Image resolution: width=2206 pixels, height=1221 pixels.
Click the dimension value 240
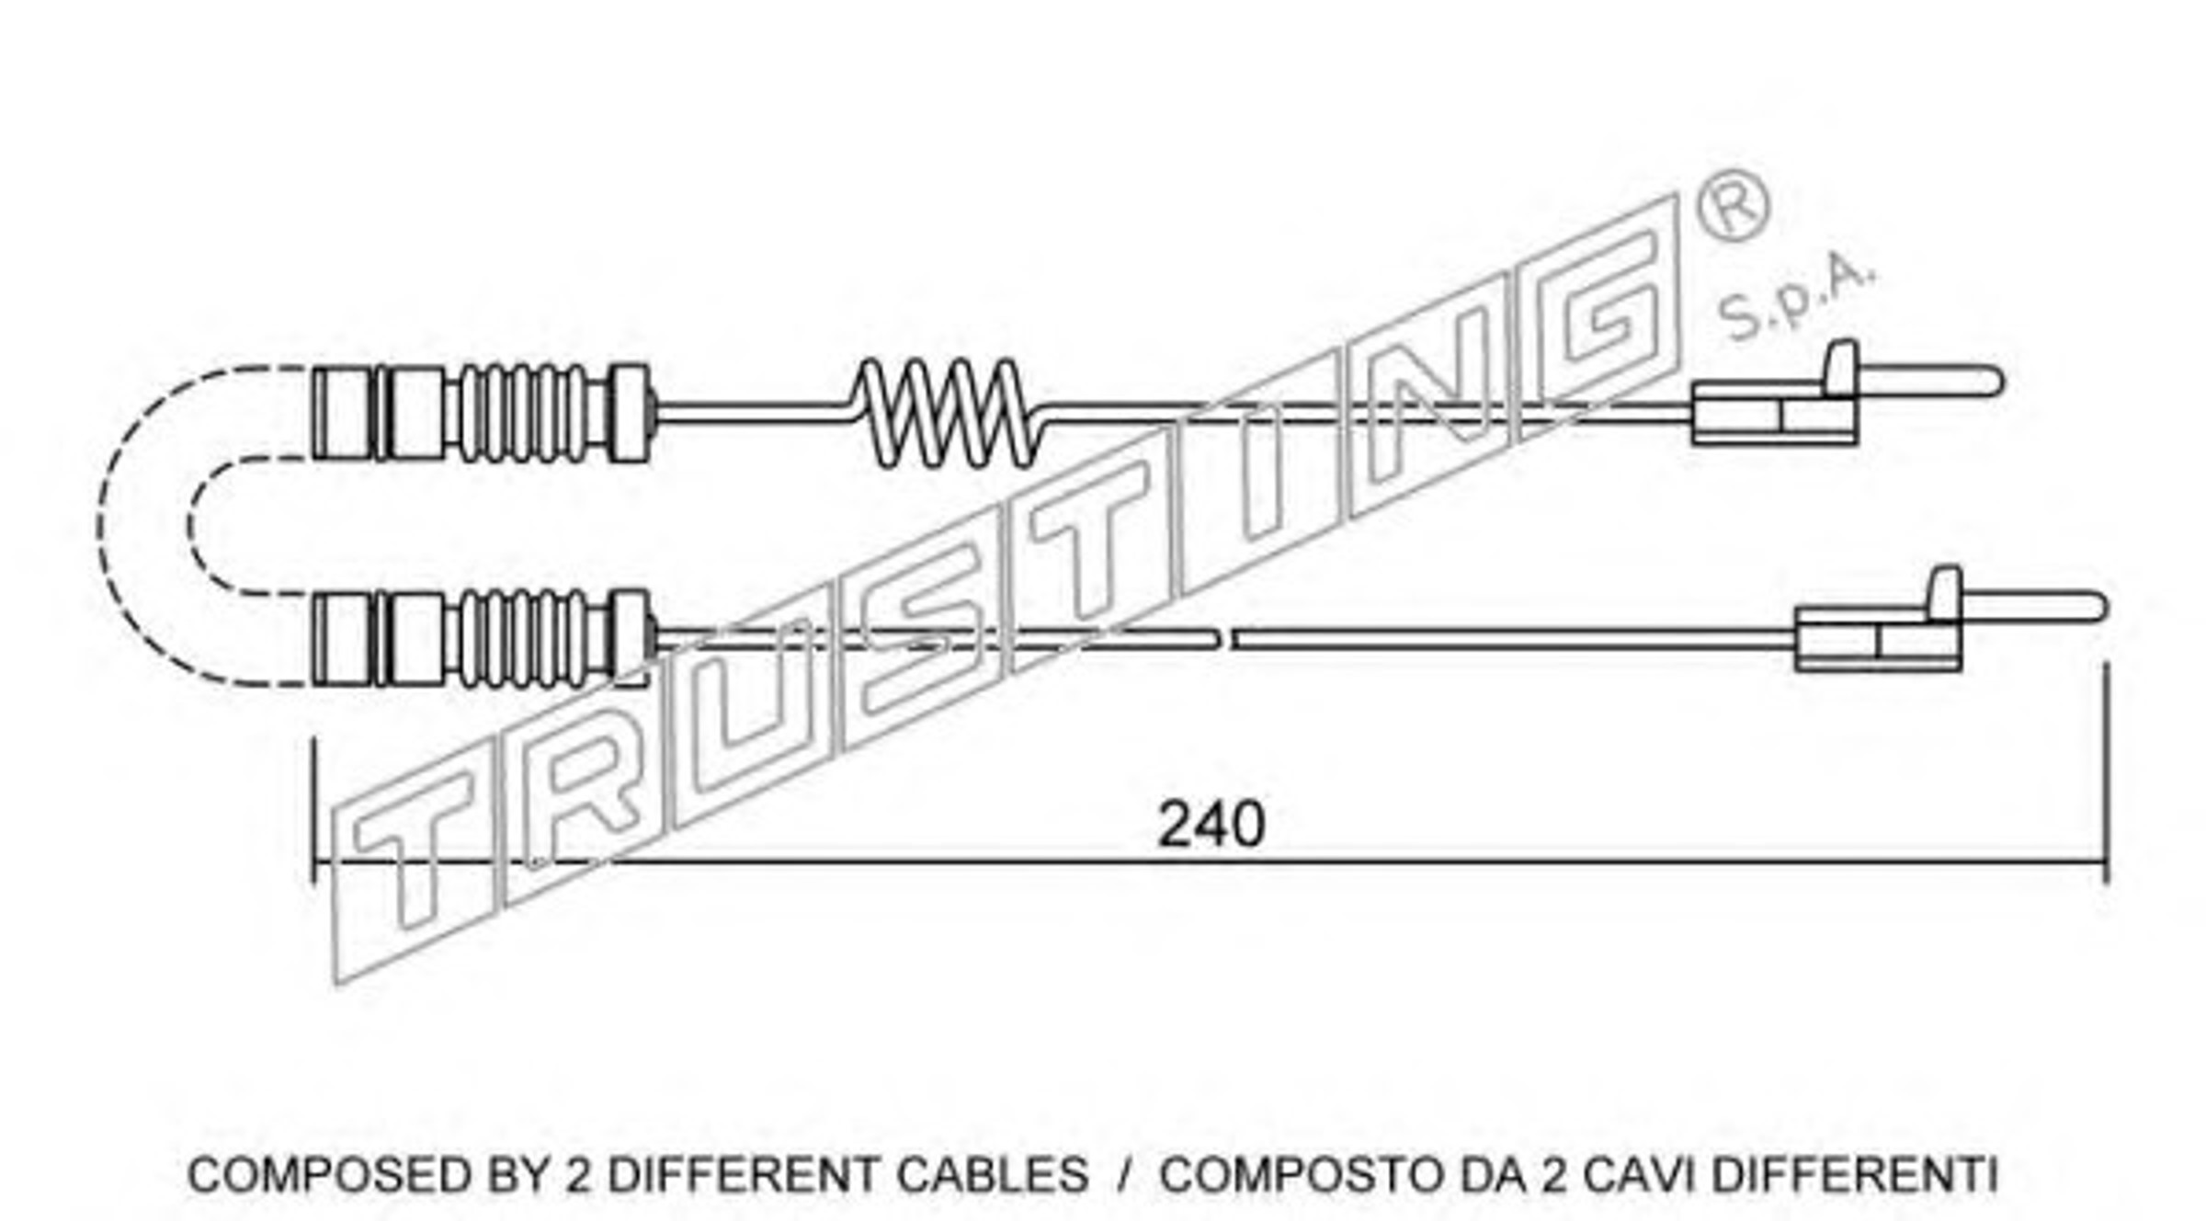click(1211, 825)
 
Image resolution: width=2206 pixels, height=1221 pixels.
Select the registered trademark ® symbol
click(1732, 205)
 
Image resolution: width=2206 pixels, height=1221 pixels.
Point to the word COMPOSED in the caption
click(326, 1174)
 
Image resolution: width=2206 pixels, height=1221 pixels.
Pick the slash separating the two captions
click(1124, 1174)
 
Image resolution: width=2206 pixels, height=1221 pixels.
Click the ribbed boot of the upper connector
click(522, 413)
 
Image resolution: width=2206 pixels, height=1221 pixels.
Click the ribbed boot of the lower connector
click(522, 638)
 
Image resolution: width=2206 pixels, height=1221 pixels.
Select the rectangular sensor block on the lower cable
click(1878, 639)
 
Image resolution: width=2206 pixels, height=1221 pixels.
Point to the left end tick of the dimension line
click(313, 809)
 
